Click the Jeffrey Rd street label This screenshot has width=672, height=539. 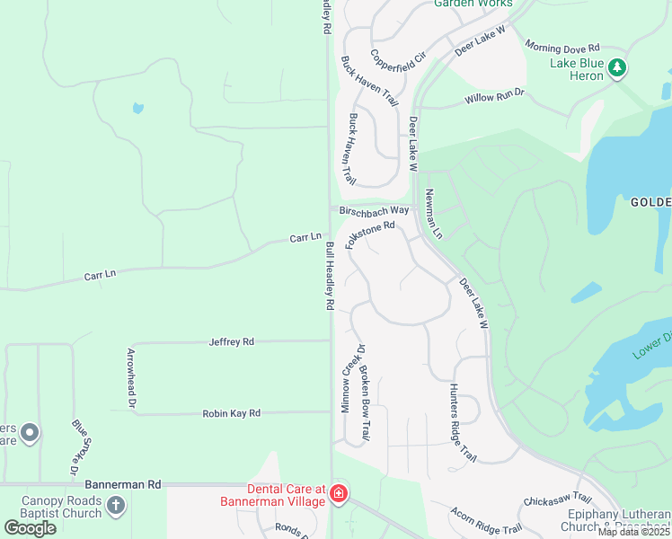point(232,341)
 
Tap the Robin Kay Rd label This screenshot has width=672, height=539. point(232,413)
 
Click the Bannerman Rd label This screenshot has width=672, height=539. point(130,483)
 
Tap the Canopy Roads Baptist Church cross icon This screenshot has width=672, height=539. point(115,506)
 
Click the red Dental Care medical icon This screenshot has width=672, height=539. point(339,493)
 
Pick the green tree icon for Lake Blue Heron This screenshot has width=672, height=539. point(616,67)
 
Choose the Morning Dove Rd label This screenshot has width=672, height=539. point(562,48)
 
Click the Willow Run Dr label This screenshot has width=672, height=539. point(494,96)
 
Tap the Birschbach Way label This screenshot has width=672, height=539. point(375,210)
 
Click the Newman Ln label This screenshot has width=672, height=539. point(434,215)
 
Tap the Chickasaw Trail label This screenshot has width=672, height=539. point(558,498)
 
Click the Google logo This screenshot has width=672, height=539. point(30,527)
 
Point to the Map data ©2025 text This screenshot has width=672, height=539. point(633,532)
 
